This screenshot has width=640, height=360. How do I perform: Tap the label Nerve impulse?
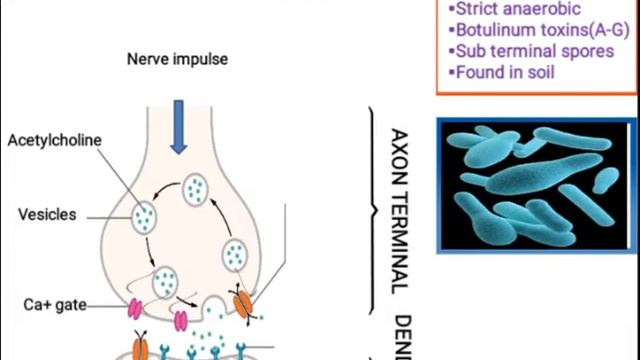(x=177, y=59)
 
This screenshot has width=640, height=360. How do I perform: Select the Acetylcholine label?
(x=54, y=140)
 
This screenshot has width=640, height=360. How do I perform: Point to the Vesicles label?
(x=47, y=214)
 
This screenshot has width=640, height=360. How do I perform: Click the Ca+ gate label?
(x=48, y=302)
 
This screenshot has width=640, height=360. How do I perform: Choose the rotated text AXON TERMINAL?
(x=398, y=209)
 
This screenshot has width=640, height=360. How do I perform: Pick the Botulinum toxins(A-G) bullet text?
(x=532, y=30)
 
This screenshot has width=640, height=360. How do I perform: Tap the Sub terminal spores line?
(x=531, y=51)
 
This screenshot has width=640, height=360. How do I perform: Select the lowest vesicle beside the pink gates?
(x=164, y=281)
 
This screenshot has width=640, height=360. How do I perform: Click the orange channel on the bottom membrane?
(x=140, y=347)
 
